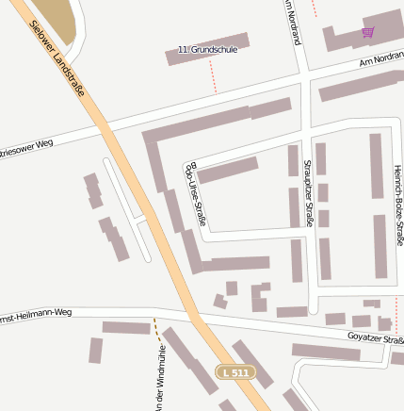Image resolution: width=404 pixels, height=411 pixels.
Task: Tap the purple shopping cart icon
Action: (367, 32)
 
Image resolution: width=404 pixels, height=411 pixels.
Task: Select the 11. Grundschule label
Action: (207, 49)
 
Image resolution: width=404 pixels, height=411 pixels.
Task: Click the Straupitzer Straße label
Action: (307, 193)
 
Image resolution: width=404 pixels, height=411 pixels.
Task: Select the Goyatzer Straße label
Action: (375, 337)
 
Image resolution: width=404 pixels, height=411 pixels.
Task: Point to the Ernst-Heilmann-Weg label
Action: (36, 312)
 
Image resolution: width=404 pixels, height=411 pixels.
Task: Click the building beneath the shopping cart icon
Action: (363, 42)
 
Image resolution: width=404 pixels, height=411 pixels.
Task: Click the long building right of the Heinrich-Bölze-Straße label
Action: (380, 246)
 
